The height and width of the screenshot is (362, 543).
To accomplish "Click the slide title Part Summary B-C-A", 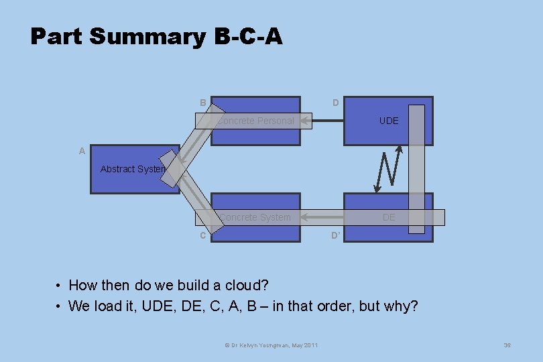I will point(156,36).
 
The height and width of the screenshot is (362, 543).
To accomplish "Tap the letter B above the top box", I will point(202,103).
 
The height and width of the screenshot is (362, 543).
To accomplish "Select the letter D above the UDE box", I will point(335,103).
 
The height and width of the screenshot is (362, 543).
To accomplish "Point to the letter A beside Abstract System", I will point(82,151).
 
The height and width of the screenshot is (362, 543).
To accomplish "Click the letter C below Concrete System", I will point(202,235).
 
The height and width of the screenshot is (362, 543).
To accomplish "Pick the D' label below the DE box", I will point(336,235).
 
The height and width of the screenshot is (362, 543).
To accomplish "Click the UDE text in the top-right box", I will point(389,121).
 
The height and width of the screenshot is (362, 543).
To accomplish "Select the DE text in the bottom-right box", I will point(389,217).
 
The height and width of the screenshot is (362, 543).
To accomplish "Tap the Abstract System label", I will point(133,169).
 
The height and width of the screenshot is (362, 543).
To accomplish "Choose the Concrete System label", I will point(255,217).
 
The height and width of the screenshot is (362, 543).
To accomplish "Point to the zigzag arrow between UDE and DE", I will point(387,168).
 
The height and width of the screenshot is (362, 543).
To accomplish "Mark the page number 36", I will point(507,345).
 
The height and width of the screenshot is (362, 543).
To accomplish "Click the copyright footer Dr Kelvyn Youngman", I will point(271,345).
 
